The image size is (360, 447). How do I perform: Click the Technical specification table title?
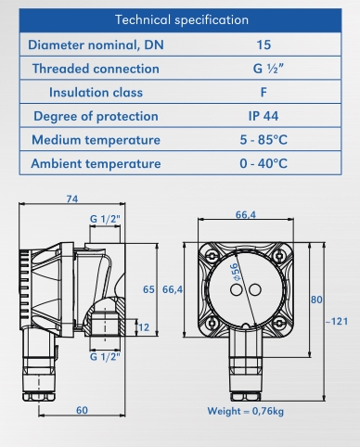[x=182, y=20]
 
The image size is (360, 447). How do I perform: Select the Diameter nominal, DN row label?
[x=96, y=45]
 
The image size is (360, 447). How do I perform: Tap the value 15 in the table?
[x=264, y=45]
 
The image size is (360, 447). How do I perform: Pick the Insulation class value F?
[x=264, y=92]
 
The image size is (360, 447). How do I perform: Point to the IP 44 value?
[x=264, y=116]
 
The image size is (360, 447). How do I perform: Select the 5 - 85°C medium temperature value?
[x=264, y=140]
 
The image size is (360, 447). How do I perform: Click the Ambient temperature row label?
[x=96, y=163]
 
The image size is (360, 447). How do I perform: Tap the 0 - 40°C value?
[x=264, y=163]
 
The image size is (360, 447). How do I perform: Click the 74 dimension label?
[x=72, y=198]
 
